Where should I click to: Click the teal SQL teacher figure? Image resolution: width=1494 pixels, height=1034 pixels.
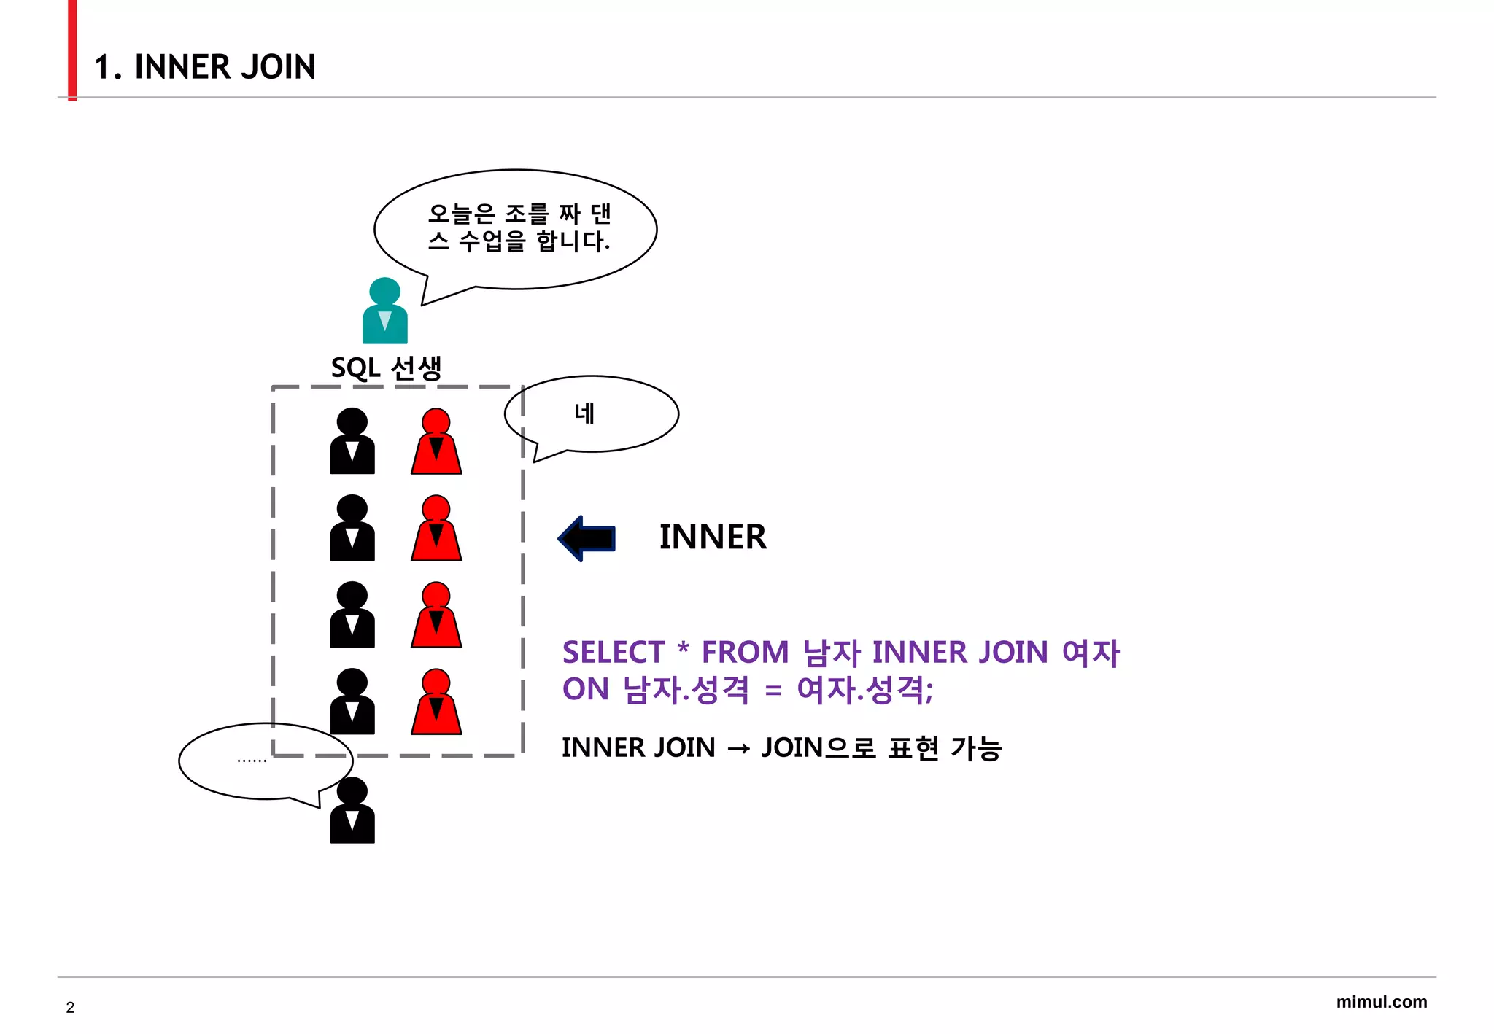(x=384, y=311)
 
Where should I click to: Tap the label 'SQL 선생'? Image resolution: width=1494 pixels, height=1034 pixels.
(x=386, y=368)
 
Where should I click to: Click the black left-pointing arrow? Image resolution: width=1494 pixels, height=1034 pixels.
(x=587, y=539)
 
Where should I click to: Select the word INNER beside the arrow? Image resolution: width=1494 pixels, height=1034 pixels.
(x=713, y=537)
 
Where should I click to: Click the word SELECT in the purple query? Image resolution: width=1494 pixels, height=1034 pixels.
(x=613, y=652)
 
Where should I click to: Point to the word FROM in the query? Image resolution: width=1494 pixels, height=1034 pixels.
(x=745, y=652)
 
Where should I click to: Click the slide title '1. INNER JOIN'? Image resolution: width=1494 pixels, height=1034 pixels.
(x=205, y=67)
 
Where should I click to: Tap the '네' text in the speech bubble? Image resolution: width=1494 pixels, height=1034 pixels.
(x=585, y=413)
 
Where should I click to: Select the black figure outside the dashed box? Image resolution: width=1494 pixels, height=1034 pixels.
(x=352, y=811)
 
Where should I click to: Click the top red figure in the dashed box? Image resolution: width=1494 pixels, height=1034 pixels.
(x=436, y=442)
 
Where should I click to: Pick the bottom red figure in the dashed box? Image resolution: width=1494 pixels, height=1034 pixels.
(x=436, y=702)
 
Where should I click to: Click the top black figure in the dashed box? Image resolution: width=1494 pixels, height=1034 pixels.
(x=352, y=442)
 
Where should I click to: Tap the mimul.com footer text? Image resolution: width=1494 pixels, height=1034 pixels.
(x=1381, y=1002)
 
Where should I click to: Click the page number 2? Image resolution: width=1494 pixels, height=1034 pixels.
(x=70, y=1008)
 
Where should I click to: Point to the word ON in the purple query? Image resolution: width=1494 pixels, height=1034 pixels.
(x=585, y=689)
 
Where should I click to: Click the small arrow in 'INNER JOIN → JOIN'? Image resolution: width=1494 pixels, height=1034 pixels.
(x=738, y=749)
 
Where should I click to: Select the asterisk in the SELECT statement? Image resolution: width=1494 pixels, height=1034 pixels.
(x=683, y=648)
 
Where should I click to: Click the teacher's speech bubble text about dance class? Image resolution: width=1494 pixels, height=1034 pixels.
(x=519, y=227)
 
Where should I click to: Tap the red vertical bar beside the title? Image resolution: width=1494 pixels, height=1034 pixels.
(x=72, y=50)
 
